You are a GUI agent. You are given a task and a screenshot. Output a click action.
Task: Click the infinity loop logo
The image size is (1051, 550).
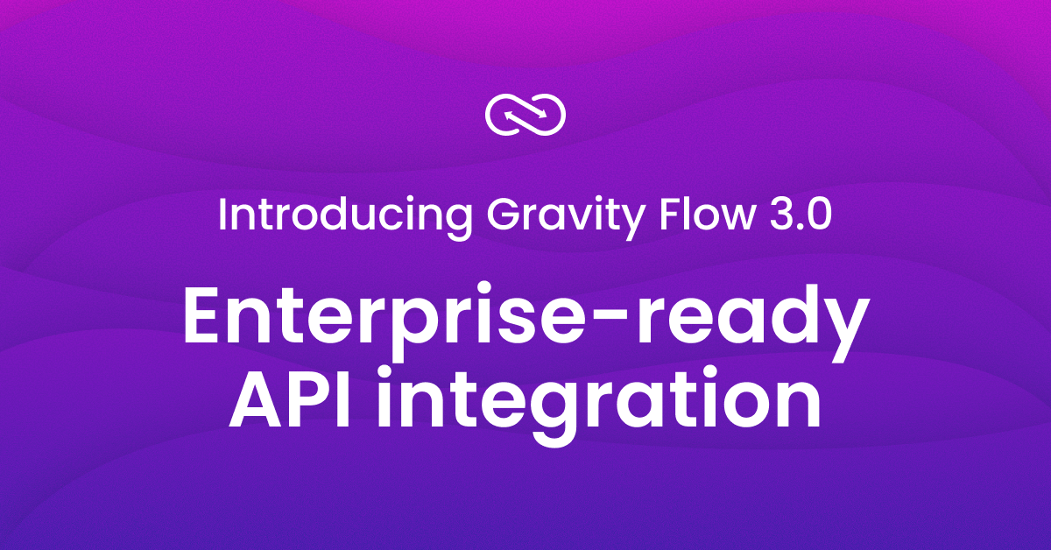pos(525,113)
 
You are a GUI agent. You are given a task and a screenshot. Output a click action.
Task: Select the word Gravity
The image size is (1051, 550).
pos(547,215)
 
